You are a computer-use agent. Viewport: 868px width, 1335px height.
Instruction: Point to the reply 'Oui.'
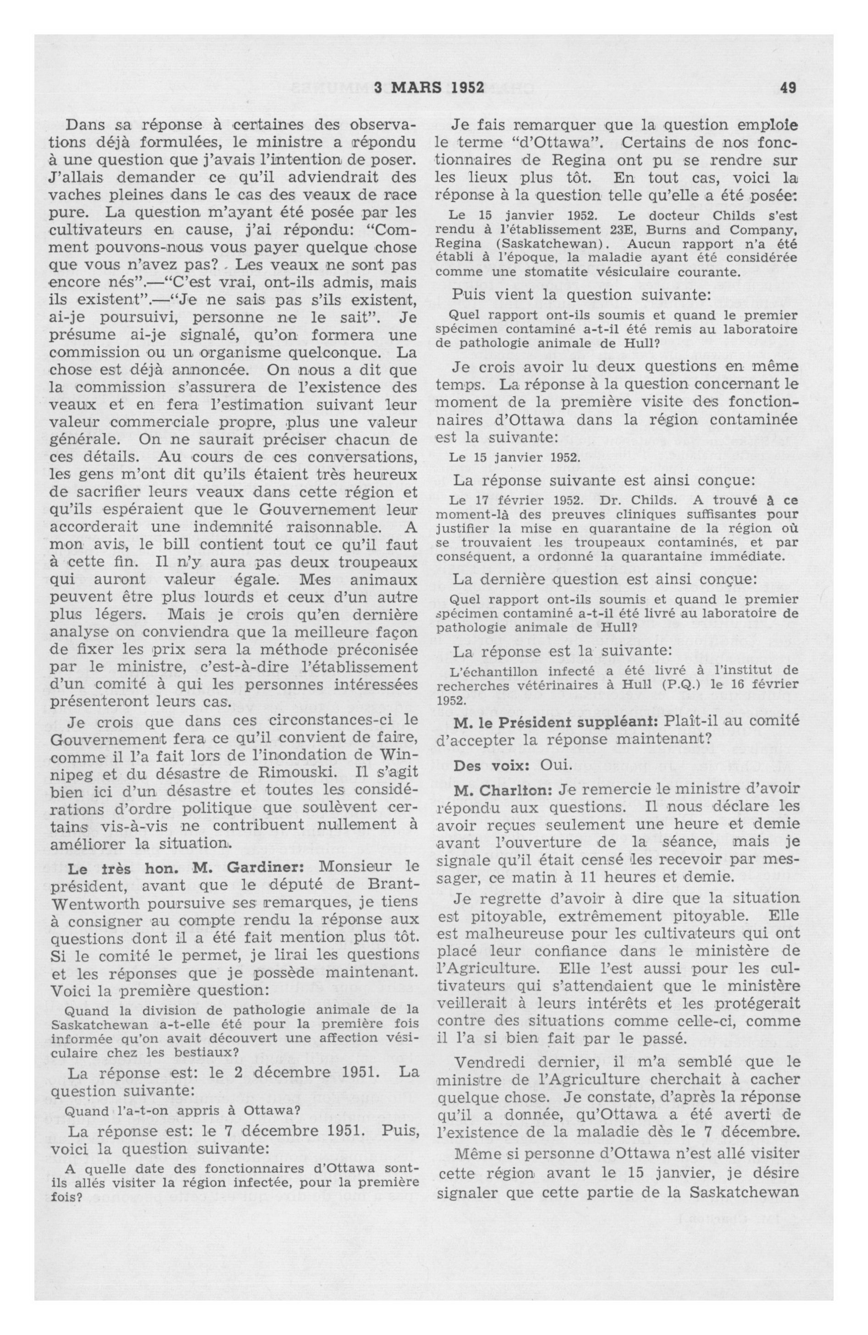coord(556,765)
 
